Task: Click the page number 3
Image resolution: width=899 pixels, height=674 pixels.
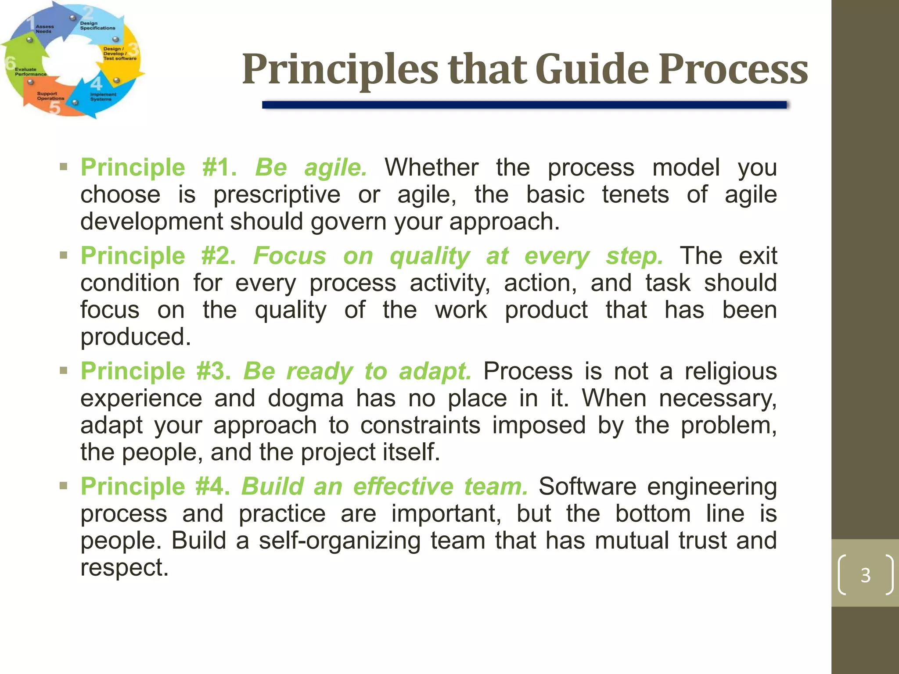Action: pyautogui.click(x=865, y=575)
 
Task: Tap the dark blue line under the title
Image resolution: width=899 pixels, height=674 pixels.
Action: pyautogui.click(x=524, y=105)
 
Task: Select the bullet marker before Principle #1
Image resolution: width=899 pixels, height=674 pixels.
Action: pyautogui.click(x=64, y=167)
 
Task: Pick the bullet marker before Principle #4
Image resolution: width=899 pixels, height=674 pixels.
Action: pyautogui.click(x=64, y=486)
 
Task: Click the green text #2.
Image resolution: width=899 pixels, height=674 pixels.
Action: pyautogui.click(x=218, y=256)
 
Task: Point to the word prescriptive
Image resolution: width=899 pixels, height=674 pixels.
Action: pyautogui.click(x=277, y=195)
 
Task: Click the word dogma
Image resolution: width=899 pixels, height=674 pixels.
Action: pyautogui.click(x=306, y=398)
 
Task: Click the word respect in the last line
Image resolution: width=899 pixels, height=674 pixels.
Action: pyautogui.click(x=124, y=567)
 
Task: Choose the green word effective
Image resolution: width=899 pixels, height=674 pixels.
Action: pyautogui.click(x=403, y=487)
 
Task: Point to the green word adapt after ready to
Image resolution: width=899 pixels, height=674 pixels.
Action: pyautogui.click(x=435, y=372)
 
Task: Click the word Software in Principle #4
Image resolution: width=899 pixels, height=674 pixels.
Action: pyautogui.click(x=587, y=487)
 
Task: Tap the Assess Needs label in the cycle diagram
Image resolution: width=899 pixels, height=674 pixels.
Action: pyautogui.click(x=44, y=29)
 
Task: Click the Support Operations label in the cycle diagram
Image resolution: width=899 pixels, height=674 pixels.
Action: pyautogui.click(x=50, y=96)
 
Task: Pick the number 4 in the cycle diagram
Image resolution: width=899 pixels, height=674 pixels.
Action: pyautogui.click(x=96, y=83)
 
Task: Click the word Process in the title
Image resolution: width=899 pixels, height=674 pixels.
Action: pyautogui.click(x=733, y=69)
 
